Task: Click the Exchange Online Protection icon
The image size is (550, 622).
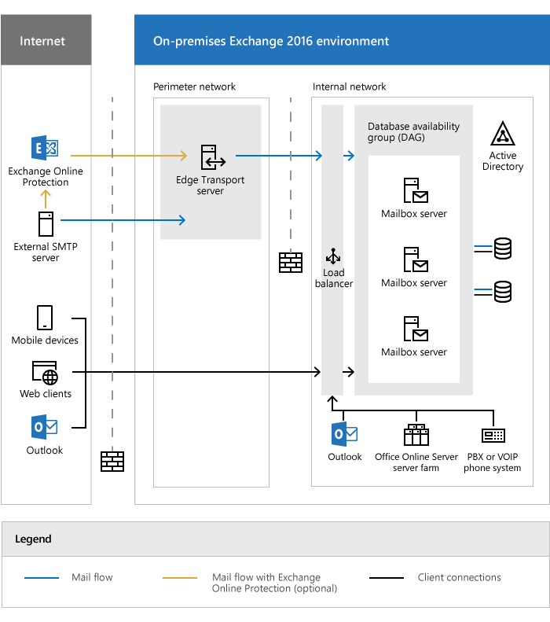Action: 44,149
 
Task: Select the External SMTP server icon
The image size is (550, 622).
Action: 46,224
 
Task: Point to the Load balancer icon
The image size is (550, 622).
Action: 334,256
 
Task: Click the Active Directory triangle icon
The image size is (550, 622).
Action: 502,134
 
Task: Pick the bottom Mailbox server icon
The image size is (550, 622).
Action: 415,329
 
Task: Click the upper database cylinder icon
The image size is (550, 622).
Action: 502,250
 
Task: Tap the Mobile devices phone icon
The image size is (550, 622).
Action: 45,318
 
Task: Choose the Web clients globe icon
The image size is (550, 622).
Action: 46,373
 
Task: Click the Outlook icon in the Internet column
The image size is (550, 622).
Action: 44,427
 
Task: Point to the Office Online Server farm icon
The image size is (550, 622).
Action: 416,435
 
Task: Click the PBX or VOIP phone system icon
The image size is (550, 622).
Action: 493,435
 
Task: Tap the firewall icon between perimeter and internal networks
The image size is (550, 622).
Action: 291,263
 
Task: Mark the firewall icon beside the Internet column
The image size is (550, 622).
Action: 112,461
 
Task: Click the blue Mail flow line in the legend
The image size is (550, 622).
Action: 42,578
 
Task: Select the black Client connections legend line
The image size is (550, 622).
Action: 386,578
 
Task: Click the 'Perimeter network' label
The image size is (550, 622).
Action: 194,86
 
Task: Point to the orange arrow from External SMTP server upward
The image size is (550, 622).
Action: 46,198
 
